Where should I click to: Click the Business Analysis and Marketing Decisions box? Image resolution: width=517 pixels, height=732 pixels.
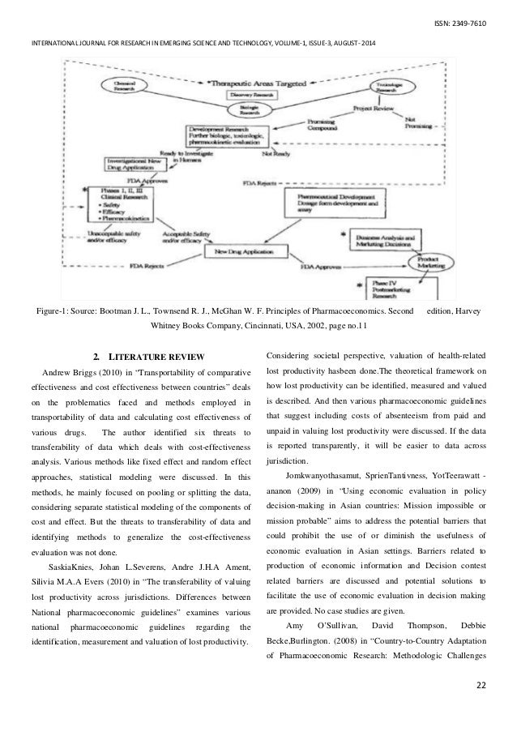(x=391, y=239)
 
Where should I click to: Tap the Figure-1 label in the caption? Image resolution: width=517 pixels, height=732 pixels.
(x=53, y=311)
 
